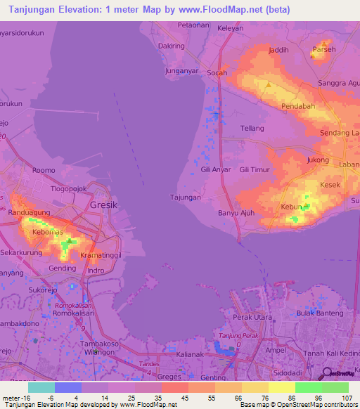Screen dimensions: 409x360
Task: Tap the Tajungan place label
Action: coord(186,197)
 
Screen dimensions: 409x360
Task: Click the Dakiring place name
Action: coord(172,46)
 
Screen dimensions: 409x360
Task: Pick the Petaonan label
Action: coord(194,25)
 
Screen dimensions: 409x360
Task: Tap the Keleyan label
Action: coord(231,30)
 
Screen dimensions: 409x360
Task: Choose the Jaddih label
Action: coord(279,51)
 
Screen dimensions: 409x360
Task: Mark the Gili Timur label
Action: coord(254,170)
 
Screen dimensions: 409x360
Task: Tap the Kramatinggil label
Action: coord(101,256)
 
